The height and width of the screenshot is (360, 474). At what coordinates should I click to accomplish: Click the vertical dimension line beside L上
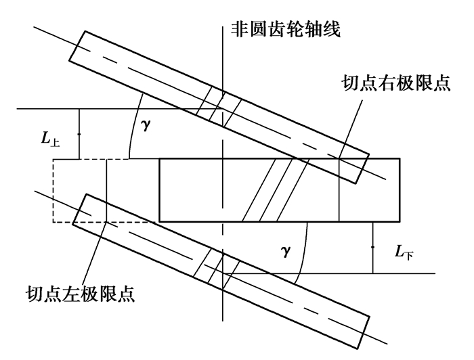(79, 134)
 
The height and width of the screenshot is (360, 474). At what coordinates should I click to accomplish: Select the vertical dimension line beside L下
(372, 248)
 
